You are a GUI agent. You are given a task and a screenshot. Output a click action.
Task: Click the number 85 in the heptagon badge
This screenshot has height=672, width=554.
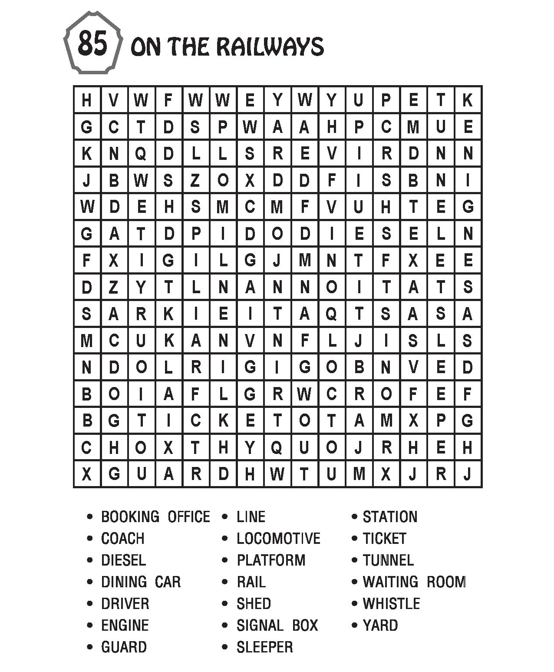coord(92,43)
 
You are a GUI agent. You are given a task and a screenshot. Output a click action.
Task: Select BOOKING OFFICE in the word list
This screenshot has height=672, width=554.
coord(155,516)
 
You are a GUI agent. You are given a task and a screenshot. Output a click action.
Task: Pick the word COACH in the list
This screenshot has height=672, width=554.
coord(122,538)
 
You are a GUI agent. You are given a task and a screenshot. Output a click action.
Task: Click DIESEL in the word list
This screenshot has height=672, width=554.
coord(123,560)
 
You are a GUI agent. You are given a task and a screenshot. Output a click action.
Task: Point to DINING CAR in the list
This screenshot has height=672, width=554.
coord(141,582)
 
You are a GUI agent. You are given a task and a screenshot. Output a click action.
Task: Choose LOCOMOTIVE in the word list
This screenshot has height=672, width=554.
coord(278,538)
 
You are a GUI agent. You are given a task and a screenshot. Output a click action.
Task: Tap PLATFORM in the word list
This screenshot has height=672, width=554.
coord(271,560)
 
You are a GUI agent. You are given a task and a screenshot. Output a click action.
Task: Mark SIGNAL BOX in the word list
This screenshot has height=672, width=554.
coord(277,625)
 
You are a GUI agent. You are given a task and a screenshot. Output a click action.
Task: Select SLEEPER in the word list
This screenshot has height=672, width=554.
coord(264,647)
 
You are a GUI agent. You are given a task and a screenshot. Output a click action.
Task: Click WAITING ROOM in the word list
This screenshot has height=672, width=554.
coord(414,582)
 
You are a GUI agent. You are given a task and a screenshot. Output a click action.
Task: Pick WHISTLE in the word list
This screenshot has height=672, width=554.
coord(391,603)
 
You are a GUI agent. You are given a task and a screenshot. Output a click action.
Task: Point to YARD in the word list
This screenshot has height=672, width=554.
coord(380,625)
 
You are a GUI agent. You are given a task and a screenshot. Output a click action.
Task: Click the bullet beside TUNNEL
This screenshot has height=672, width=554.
coord(355,560)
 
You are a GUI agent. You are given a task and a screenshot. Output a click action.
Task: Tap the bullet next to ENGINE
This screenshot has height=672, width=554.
coord(90,626)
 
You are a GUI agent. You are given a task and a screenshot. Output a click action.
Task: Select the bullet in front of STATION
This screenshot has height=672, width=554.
coord(355,517)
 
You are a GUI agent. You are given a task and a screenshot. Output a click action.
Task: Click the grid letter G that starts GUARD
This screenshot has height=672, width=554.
coord(114,474)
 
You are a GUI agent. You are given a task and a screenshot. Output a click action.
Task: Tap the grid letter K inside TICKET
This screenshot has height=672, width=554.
coord(223,420)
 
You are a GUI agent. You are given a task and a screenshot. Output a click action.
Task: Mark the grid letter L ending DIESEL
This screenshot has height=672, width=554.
coord(440,234)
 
